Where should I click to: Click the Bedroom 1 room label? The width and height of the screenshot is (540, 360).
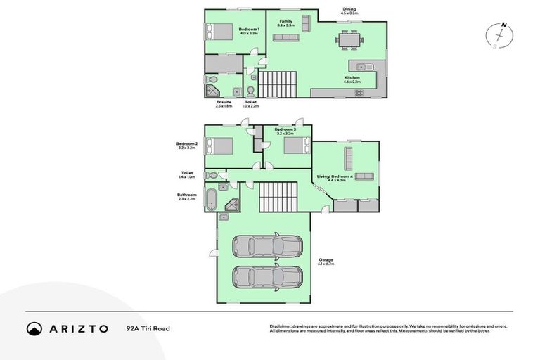(250, 30)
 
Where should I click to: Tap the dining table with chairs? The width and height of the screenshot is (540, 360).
(349, 39)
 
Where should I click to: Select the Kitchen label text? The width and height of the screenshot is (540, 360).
(352, 79)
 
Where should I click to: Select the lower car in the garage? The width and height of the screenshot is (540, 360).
(267, 278)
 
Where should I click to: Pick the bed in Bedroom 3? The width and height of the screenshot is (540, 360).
(295, 146)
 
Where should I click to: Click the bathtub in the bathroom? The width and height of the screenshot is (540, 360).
(211, 198)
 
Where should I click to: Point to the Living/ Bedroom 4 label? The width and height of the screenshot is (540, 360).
(341, 177)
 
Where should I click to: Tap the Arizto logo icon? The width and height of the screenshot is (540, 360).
(34, 328)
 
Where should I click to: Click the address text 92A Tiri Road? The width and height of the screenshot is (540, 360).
(148, 328)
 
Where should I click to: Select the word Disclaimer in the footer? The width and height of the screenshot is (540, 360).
(281, 326)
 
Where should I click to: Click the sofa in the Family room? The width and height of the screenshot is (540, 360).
(306, 23)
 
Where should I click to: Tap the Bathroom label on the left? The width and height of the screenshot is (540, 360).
(186, 196)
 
